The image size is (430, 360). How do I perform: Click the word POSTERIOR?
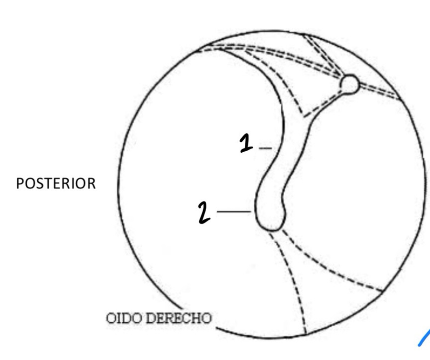pyautogui.click(x=56, y=184)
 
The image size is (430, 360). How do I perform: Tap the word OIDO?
pyautogui.click(x=124, y=318)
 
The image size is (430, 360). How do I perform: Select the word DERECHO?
pyautogui.click(x=179, y=318)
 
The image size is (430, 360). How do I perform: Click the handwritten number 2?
pyautogui.click(x=204, y=212)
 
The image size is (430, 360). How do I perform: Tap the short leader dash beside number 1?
pyautogui.click(x=265, y=148)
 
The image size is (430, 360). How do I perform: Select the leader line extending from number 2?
pyautogui.click(x=234, y=212)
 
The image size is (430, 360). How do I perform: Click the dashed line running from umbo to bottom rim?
pyautogui.click(x=293, y=283)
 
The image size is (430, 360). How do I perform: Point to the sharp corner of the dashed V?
pyautogui.click(x=303, y=115)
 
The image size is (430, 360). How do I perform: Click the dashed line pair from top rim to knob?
pyautogui.click(x=321, y=55)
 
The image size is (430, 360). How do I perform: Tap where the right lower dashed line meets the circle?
pyautogui.click(x=383, y=291)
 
